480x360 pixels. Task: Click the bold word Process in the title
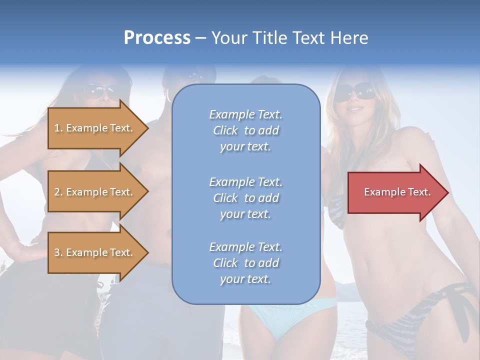coord(157,37)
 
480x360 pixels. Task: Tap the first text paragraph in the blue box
coord(245,130)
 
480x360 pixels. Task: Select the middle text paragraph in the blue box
coord(245,198)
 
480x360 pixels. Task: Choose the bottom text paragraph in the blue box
coord(245,263)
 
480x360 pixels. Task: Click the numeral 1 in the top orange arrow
coord(56,128)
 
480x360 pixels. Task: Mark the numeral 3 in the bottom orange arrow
coord(56,252)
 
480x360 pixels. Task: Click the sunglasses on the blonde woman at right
coord(355,91)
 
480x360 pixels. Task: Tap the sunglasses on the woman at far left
coord(99,90)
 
